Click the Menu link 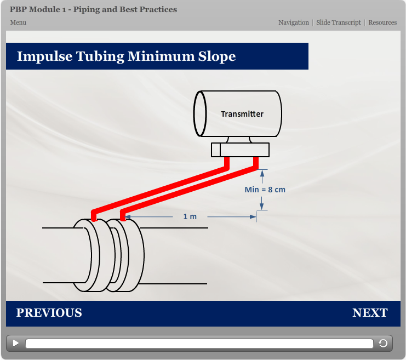point(18,22)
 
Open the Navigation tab point(294,22)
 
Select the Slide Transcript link point(339,22)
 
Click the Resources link point(382,22)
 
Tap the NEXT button point(370,313)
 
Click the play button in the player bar point(16,343)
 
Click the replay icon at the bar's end point(383,344)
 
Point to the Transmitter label point(242,114)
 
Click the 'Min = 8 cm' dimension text point(265,190)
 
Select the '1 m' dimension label point(190,216)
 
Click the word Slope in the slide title point(215,56)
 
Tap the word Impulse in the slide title point(41,56)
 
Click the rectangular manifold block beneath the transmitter point(240,150)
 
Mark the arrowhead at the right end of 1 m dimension point(253,217)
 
